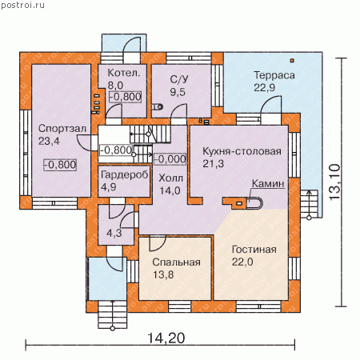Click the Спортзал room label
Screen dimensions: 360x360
pyautogui.click(x=62, y=129)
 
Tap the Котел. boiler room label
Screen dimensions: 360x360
pyautogui.click(x=124, y=73)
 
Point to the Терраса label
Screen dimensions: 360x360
pyautogui.click(x=274, y=75)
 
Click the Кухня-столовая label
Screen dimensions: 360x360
pyautogui.click(x=242, y=151)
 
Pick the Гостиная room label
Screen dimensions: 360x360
pyautogui.click(x=254, y=250)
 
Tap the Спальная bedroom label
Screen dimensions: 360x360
pyautogui.click(x=176, y=262)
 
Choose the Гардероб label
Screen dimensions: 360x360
pyautogui.click(x=125, y=175)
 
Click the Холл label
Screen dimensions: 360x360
pyautogui.click(x=170, y=178)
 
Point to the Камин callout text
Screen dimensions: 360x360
pyautogui.click(x=268, y=184)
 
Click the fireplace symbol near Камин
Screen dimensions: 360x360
pyautogui.click(x=254, y=203)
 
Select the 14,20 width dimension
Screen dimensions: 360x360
pyautogui.click(x=166, y=338)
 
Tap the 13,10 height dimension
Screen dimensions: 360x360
pyautogui.click(x=334, y=182)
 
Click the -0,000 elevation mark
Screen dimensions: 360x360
pyautogui.click(x=170, y=159)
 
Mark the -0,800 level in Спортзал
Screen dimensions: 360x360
pyautogui.click(x=60, y=165)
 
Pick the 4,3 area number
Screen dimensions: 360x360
pyautogui.click(x=114, y=234)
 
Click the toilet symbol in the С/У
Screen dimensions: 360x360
pyautogui.click(x=158, y=107)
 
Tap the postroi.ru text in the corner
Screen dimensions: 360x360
pyautogui.click(x=23, y=6)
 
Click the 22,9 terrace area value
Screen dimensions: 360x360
pyautogui.click(x=264, y=87)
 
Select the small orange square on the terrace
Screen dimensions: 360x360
pyautogui.click(x=292, y=61)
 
